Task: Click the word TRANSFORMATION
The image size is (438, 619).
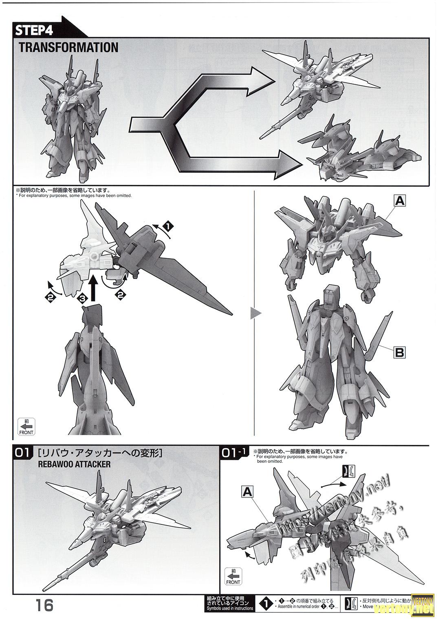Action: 68,47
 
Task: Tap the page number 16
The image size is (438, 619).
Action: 44,605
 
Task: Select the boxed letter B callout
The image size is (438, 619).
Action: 399,352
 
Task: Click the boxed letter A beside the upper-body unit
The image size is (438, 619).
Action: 400,200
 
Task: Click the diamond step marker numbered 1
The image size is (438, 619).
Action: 166,225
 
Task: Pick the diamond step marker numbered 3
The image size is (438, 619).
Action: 82,298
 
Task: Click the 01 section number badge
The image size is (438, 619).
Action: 22,453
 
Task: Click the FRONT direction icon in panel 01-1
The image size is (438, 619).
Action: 234,576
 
